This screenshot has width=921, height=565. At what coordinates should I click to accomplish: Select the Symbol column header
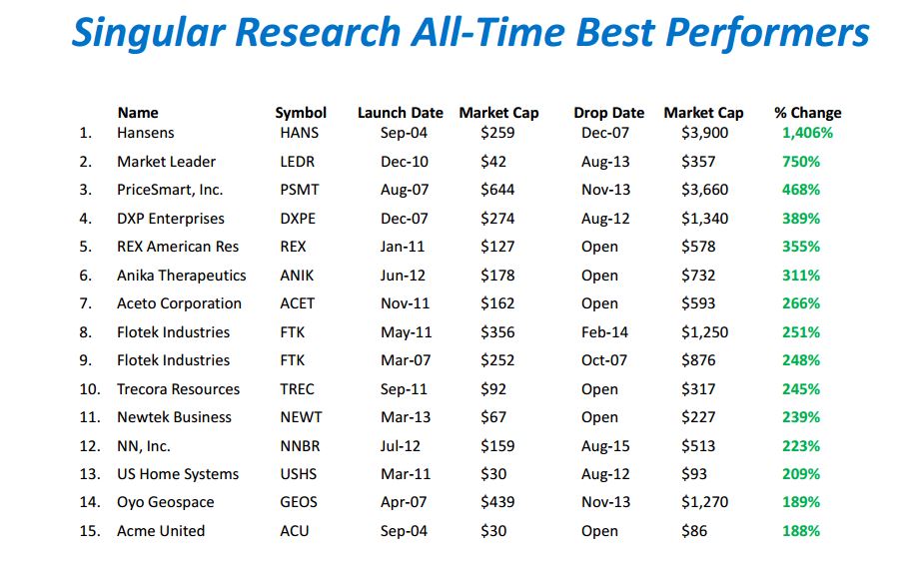pyautogui.click(x=301, y=113)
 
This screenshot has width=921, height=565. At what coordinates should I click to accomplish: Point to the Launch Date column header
pyautogui.click(x=400, y=113)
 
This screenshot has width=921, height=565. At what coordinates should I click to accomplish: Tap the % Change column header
pyautogui.click(x=807, y=113)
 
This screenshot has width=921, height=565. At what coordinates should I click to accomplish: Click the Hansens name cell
pyautogui.click(x=145, y=133)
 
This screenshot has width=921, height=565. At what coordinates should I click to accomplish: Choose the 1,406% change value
pyautogui.click(x=807, y=133)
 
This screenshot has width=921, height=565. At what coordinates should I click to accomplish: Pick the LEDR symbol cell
pyautogui.click(x=298, y=162)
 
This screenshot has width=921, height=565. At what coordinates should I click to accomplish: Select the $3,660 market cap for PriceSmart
pyautogui.click(x=704, y=190)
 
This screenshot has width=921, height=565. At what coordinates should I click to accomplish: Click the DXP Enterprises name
pyautogui.click(x=171, y=219)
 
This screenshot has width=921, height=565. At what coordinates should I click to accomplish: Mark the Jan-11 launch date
pyautogui.click(x=404, y=247)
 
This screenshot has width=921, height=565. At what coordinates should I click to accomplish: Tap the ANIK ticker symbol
pyautogui.click(x=297, y=276)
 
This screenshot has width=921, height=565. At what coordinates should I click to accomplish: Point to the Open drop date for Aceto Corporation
pyautogui.click(x=599, y=303)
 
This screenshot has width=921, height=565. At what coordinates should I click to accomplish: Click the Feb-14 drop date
pyautogui.click(x=603, y=332)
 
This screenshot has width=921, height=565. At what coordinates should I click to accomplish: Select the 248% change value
pyautogui.click(x=801, y=360)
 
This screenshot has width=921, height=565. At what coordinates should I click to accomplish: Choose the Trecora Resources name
pyautogui.click(x=178, y=389)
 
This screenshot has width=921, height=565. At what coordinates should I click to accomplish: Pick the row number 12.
pyautogui.click(x=90, y=446)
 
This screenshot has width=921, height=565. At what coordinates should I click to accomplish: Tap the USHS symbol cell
pyautogui.click(x=299, y=474)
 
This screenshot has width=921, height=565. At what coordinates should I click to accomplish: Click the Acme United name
pyautogui.click(x=161, y=531)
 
